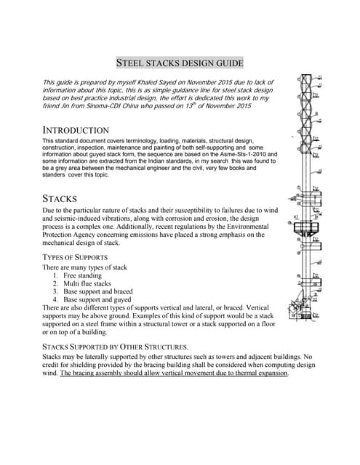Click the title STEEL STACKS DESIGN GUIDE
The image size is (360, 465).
(x=180, y=62)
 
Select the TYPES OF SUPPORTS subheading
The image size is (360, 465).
(x=76, y=257)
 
